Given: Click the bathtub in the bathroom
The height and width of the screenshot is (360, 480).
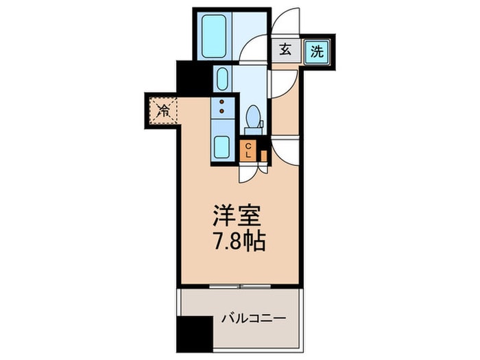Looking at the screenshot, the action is coord(214,36).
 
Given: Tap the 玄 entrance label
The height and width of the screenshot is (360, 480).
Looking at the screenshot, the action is coord(285,49).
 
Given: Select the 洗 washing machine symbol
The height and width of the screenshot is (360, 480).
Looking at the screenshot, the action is coord(317,51).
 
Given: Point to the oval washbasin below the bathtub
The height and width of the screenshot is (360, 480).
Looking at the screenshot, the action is coord(222,79).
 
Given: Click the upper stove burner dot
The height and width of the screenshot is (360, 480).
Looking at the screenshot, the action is coord(222,102).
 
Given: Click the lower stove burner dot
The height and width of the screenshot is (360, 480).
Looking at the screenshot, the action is coord(222,110).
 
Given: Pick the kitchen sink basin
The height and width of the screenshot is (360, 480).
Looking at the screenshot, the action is coord(221,147).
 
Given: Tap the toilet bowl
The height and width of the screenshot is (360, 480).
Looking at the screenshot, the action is coord(253,116).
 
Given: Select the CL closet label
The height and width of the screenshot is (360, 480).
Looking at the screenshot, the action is coord(248,151).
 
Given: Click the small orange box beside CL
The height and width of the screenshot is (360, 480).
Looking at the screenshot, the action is coord(263,156).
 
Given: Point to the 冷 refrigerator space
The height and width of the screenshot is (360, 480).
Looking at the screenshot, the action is coord(163,110).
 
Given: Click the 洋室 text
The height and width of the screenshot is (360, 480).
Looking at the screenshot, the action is coord(237,215).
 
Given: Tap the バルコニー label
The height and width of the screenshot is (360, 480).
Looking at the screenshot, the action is coord(254,319).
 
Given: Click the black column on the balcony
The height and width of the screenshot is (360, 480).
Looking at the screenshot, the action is coord(195,335).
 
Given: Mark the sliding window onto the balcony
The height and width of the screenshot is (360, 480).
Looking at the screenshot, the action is coord(240,287).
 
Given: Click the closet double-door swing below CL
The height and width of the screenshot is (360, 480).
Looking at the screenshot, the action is coord(254,173).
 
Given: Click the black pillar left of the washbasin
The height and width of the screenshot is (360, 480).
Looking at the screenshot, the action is coord(195,77).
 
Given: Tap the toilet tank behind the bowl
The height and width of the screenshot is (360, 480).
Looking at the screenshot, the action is coord(254,132).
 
